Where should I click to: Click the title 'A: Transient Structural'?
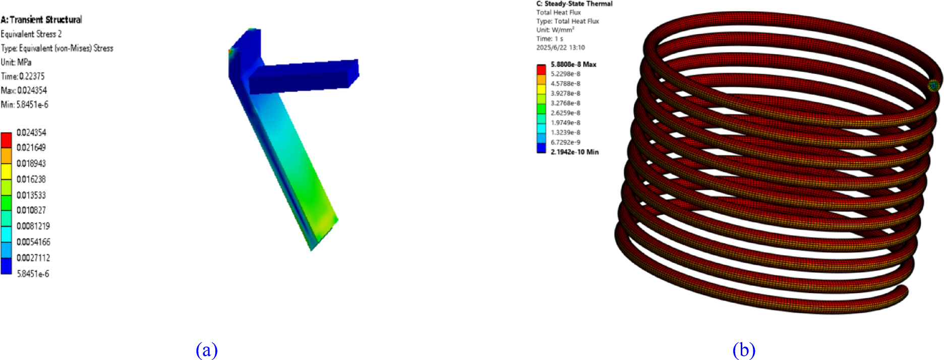(x=41, y=20)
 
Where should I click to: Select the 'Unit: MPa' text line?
(x=16, y=62)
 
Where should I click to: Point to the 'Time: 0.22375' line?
(x=23, y=76)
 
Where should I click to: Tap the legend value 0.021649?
(x=31, y=147)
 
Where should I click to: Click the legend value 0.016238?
(x=31, y=179)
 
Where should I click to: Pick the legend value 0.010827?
(x=31, y=210)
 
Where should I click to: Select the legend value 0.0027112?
(x=33, y=258)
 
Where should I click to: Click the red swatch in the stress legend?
(x=6, y=140)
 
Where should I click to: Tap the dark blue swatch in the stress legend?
(x=6, y=266)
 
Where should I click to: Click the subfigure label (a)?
(x=207, y=349)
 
